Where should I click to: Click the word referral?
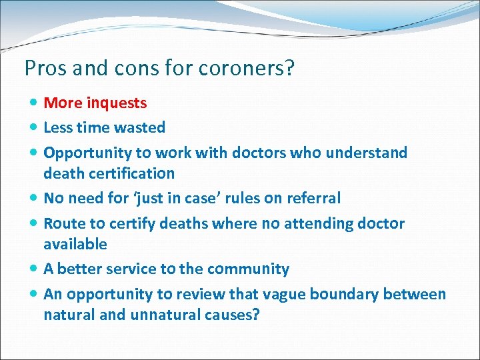pos(313,198)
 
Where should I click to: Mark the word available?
pos(75,244)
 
